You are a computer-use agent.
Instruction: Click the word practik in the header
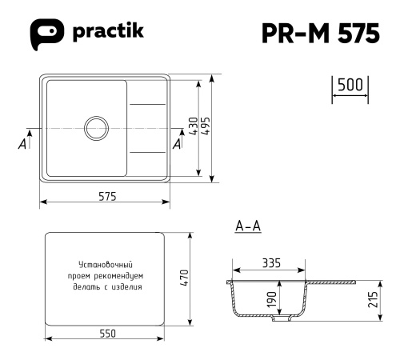107,33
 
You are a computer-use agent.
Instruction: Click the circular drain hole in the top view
96,127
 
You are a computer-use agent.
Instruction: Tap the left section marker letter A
22,144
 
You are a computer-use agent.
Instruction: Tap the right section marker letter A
177,144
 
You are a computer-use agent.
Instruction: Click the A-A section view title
248,228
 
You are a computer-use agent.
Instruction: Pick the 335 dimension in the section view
270,262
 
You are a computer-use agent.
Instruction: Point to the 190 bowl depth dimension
272,298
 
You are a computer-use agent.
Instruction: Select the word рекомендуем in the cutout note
120,275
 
